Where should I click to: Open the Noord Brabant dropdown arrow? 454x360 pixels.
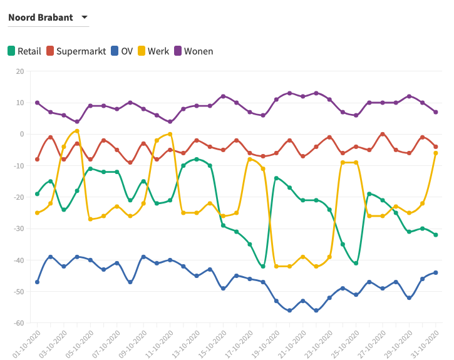tap(85, 18)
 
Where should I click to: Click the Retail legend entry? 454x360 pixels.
tap(24, 51)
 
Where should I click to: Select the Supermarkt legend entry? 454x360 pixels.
tap(75, 51)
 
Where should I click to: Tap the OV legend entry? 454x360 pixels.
tap(121, 51)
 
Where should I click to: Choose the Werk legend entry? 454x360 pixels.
tap(153, 51)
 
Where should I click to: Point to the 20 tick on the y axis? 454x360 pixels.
tap(19, 71)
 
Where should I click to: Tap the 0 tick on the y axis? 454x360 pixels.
tap(21, 134)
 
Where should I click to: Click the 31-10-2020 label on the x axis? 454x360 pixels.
tap(426, 343)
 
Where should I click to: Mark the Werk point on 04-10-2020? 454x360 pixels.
tap(77, 131)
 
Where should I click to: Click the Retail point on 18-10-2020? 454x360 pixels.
tap(263, 266)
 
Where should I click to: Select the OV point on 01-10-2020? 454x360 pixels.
tap(38, 282)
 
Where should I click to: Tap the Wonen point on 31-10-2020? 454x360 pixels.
tap(435, 112)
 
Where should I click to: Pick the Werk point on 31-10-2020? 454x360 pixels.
tap(435, 153)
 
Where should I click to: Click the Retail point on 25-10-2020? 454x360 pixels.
tap(356, 263)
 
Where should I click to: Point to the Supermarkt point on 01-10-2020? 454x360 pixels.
tap(38, 159)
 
